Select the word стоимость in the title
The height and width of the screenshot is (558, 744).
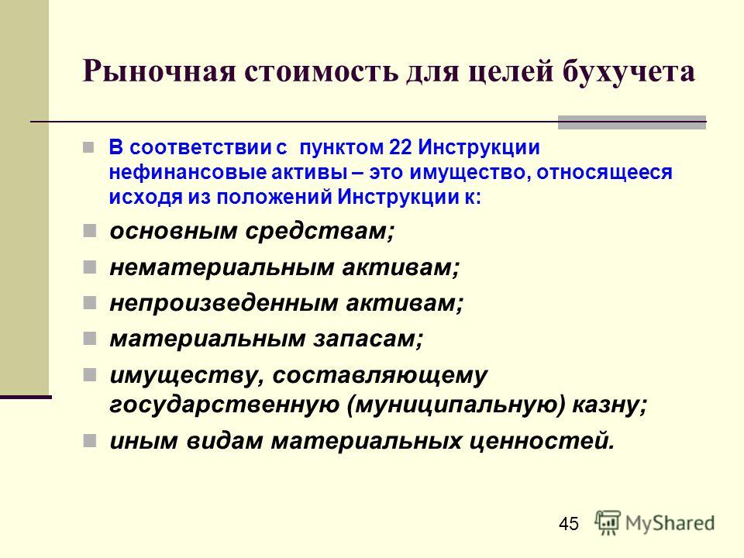(x=321, y=72)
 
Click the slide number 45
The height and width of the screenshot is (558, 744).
(x=569, y=524)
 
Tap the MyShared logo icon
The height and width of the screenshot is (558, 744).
(x=608, y=522)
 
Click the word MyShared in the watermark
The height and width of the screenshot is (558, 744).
(x=670, y=523)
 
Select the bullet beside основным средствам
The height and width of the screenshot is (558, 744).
(x=89, y=231)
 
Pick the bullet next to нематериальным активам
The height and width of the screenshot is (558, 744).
(x=89, y=267)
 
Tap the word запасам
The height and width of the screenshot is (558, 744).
(x=367, y=339)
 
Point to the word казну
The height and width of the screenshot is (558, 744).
(x=610, y=405)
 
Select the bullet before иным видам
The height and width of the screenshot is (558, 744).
(x=89, y=441)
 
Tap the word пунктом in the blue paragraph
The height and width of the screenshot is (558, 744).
(x=342, y=147)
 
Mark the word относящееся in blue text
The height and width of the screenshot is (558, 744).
(x=604, y=172)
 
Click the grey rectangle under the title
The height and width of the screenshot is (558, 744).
(x=632, y=122)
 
